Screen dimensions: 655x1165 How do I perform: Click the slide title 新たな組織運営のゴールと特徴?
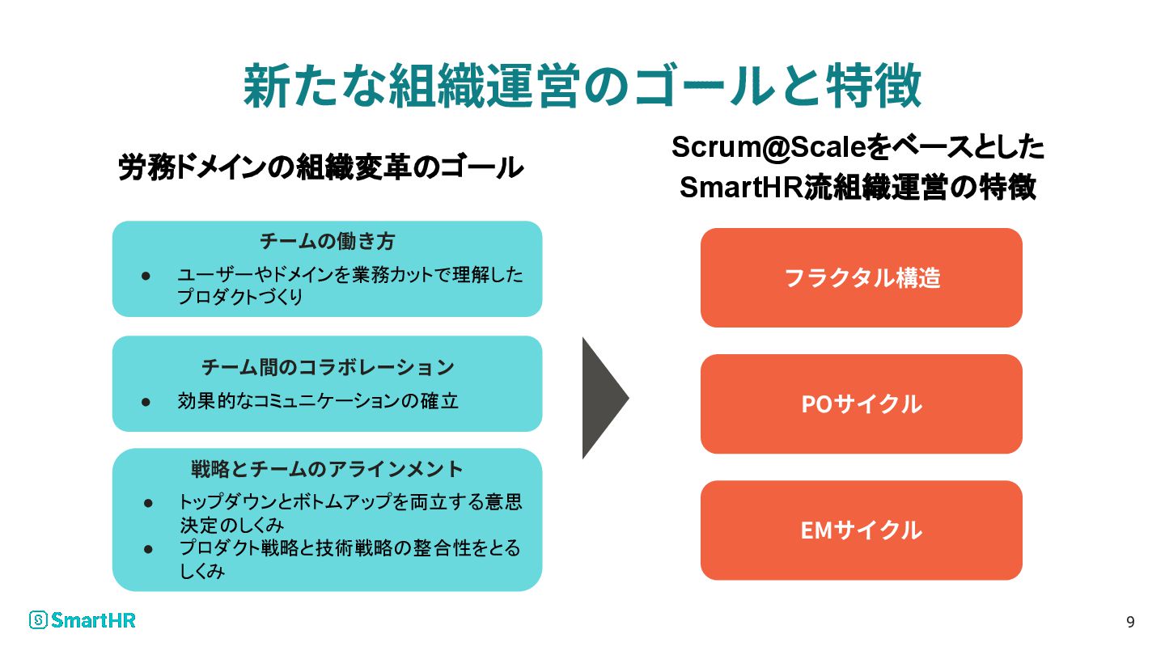point(582,86)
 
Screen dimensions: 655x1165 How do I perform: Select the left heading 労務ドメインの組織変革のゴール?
point(320,168)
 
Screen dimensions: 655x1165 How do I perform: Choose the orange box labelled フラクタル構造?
point(861,277)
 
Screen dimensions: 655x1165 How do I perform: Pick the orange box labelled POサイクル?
point(861,404)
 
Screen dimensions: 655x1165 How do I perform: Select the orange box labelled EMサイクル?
point(861,530)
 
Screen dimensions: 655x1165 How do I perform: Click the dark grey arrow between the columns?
point(602,398)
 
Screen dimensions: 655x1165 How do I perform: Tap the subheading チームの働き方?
point(327,241)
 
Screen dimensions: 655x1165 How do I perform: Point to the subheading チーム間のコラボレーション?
point(327,367)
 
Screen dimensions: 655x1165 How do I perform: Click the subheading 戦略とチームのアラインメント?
point(327,469)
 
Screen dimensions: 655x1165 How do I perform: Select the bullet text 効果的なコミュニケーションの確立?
point(317,401)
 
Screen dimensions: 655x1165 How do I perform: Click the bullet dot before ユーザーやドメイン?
point(146,276)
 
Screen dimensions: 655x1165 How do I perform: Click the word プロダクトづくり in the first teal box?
point(240,298)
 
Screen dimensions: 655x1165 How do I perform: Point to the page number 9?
point(1130,622)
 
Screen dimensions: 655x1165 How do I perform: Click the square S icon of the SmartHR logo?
point(38,620)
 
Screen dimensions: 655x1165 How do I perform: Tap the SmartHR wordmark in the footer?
point(93,620)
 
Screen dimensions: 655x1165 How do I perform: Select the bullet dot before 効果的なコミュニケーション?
point(146,401)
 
